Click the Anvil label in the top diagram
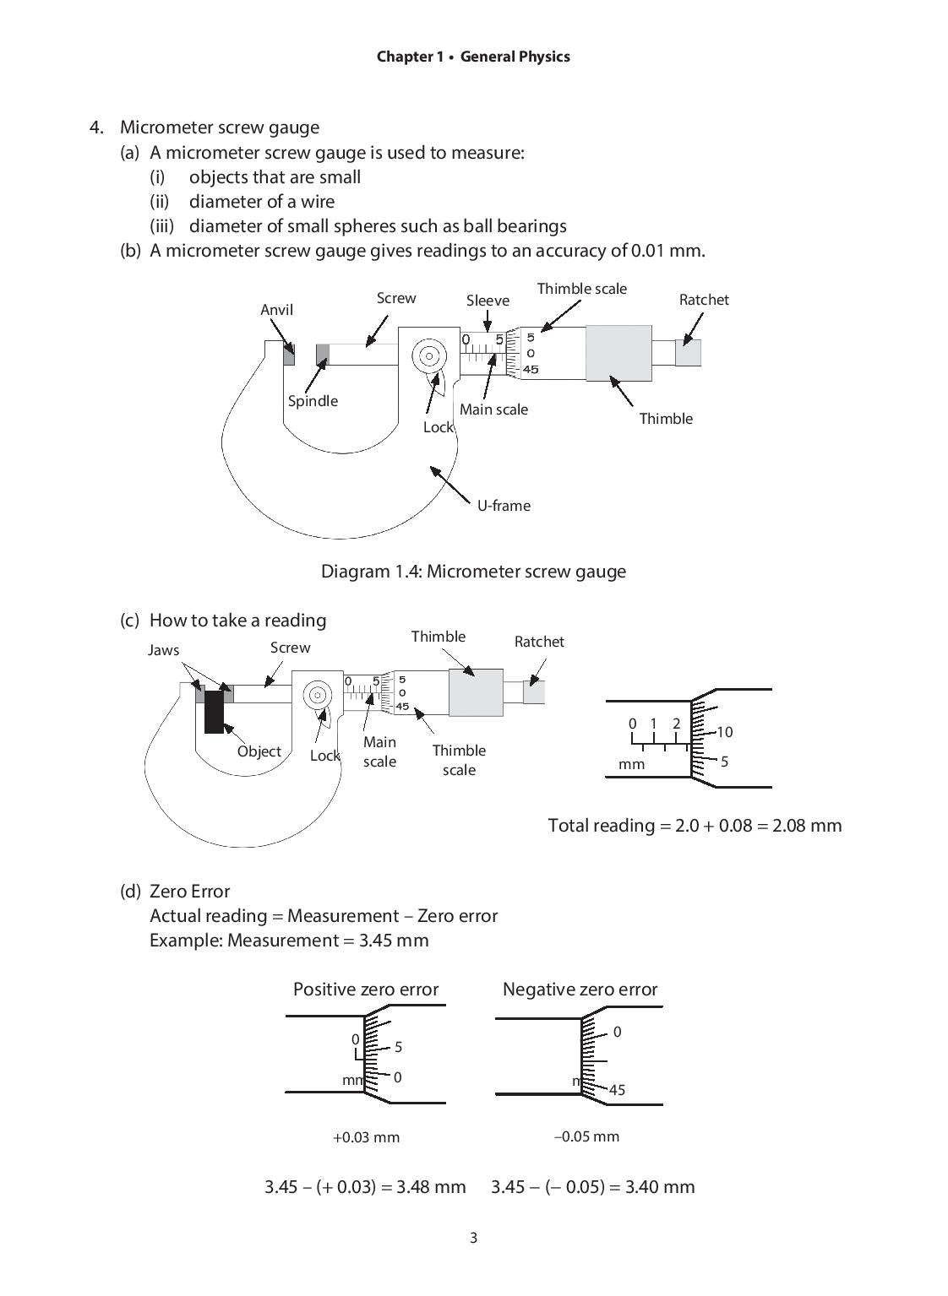(x=276, y=310)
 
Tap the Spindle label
(x=313, y=401)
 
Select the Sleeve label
(x=488, y=301)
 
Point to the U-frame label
(x=504, y=506)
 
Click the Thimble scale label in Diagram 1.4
(x=581, y=289)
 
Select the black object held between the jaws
(x=214, y=710)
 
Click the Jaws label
(x=163, y=650)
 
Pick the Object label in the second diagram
(x=259, y=751)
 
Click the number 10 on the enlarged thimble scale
(x=724, y=732)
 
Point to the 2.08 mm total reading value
(x=807, y=826)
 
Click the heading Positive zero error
(x=366, y=990)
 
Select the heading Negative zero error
(x=580, y=990)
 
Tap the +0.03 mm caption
(x=366, y=1137)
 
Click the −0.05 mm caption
(x=586, y=1136)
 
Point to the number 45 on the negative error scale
(x=617, y=1090)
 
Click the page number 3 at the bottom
(x=473, y=1239)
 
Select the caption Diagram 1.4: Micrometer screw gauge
(x=473, y=572)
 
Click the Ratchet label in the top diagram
(x=703, y=300)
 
